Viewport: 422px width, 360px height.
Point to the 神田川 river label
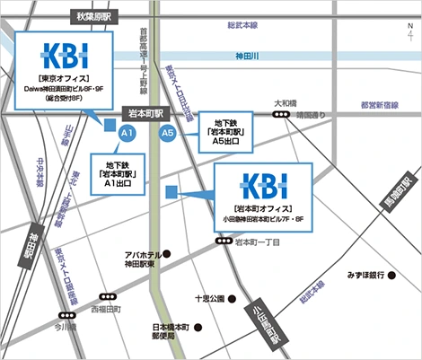(246, 57)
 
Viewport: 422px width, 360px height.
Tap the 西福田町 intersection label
(106, 308)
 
